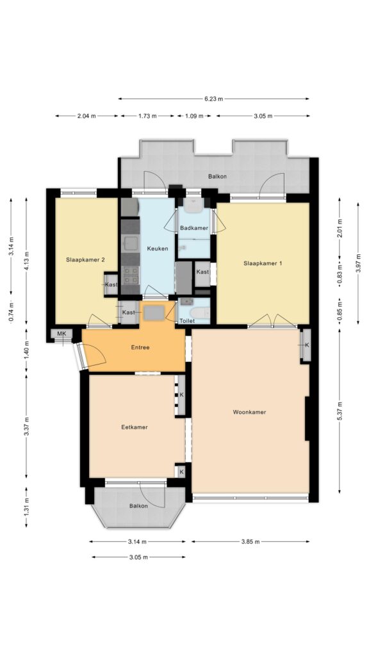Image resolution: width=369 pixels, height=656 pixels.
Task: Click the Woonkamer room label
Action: (249, 412)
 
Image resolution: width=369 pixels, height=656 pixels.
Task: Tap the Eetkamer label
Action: (135, 427)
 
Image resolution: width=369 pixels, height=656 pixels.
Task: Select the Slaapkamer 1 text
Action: (263, 263)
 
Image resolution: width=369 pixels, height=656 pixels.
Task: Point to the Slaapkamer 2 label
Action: (85, 259)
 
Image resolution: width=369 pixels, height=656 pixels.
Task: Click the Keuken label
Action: (158, 249)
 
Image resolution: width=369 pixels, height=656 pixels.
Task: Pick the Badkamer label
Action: (194, 227)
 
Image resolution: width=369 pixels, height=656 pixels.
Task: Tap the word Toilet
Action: (187, 321)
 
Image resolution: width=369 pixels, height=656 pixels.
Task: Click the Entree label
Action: (140, 347)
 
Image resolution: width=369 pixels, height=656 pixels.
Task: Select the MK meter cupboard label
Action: (61, 333)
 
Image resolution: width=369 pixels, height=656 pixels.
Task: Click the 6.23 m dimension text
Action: (214, 99)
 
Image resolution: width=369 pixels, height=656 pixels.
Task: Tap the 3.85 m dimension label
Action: (250, 541)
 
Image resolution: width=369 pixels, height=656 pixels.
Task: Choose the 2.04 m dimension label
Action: (86, 116)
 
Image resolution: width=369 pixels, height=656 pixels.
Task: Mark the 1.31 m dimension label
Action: (26, 507)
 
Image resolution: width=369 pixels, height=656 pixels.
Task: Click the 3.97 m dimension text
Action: (358, 263)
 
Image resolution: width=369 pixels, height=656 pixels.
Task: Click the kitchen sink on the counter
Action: (131, 243)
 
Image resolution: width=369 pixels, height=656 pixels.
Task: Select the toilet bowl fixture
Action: (200, 313)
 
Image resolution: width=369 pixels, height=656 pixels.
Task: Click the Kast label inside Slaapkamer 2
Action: (111, 284)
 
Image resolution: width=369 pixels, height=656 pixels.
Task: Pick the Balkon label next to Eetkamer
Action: (138, 506)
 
